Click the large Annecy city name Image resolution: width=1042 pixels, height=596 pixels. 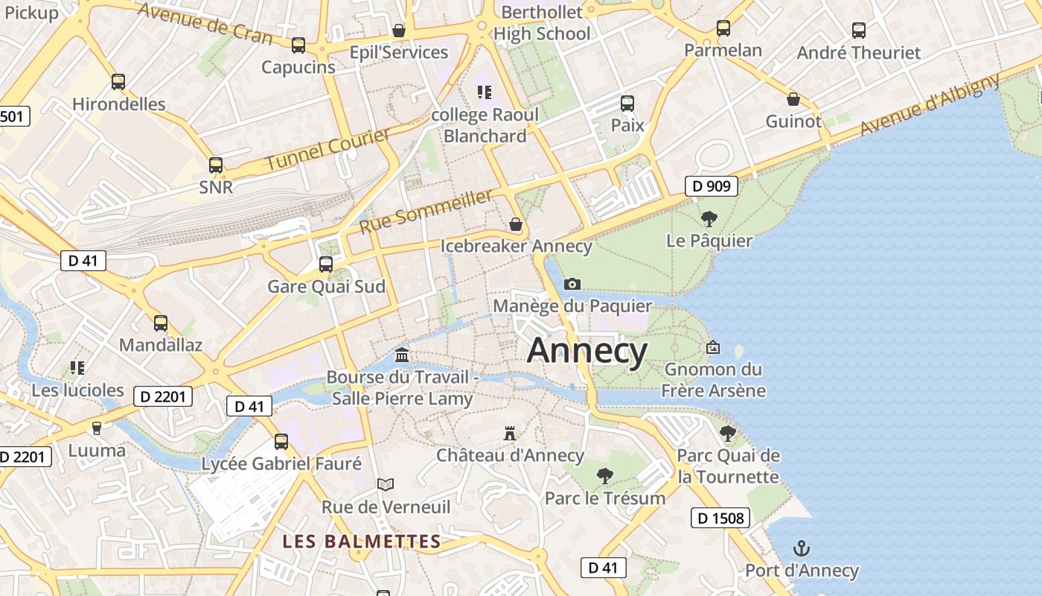[x=587, y=350]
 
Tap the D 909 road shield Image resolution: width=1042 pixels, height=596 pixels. [x=711, y=186]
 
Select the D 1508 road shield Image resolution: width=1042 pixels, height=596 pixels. [x=720, y=518]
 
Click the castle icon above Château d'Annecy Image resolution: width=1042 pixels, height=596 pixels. [x=510, y=433]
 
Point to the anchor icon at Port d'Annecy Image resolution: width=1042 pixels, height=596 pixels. [x=802, y=549]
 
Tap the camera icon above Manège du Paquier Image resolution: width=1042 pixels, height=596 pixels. [x=572, y=284]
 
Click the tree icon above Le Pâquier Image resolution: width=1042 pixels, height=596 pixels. [x=709, y=219]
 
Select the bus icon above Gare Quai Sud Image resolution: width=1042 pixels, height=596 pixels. [x=326, y=264]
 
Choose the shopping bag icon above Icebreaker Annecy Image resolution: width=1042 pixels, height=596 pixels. [x=515, y=223]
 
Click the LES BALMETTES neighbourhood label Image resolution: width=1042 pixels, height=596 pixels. [x=362, y=542]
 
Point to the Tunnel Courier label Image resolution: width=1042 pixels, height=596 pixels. [x=327, y=149]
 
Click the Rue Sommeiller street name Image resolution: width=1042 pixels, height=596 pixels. [x=426, y=211]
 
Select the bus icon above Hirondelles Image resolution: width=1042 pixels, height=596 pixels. [x=118, y=81]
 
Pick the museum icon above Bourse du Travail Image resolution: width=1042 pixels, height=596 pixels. [x=402, y=354]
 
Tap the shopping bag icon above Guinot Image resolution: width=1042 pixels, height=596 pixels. [x=793, y=99]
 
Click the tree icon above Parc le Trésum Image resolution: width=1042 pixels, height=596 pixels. [x=605, y=475]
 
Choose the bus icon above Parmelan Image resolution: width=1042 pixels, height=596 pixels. [x=723, y=28]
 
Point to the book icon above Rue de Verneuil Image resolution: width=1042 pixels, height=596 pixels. [x=386, y=484]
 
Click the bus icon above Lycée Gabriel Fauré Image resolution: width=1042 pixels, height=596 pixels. [x=281, y=441]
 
